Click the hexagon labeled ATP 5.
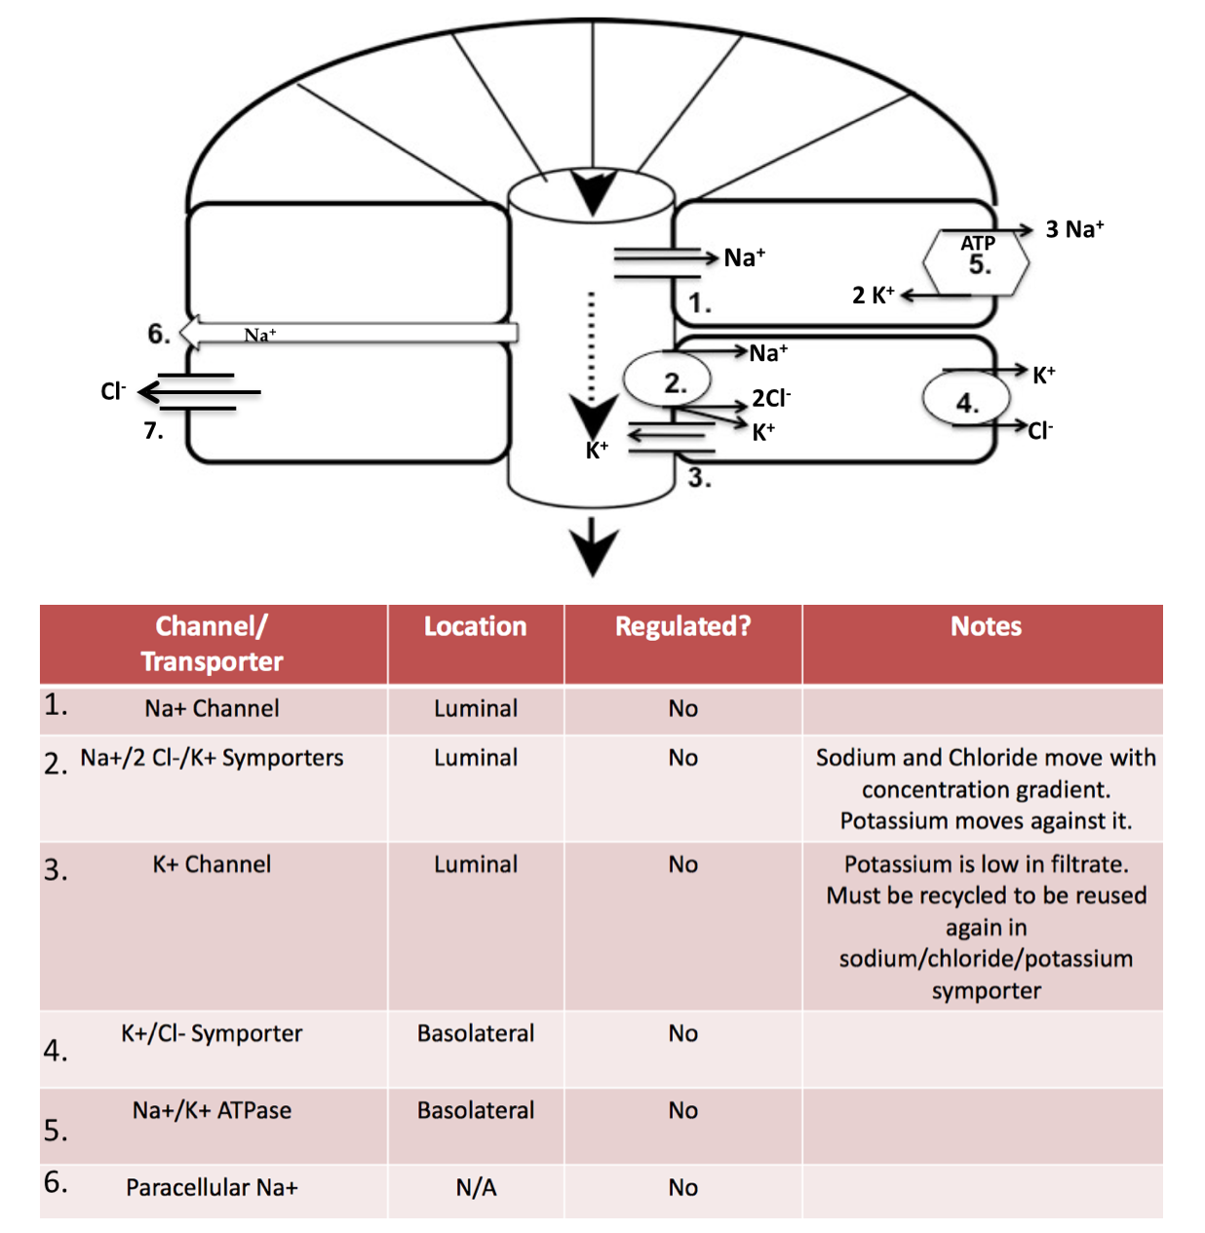click(976, 260)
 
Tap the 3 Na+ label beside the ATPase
click(1074, 229)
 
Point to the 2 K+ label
click(873, 295)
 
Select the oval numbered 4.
click(965, 400)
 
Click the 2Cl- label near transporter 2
click(771, 398)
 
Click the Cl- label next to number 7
click(113, 391)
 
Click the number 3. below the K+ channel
click(699, 478)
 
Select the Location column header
click(475, 626)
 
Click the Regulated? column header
click(682, 626)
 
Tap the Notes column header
click(986, 626)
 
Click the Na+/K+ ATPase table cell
click(212, 1110)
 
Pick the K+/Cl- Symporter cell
click(212, 1033)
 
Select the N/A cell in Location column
click(476, 1187)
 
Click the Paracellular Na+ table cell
click(212, 1187)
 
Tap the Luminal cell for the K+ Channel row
click(476, 864)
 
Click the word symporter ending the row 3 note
click(986, 990)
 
